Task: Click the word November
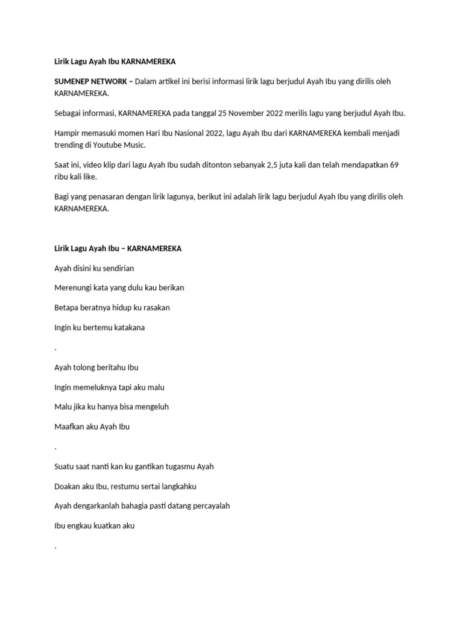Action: coord(251,113)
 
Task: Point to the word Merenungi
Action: coord(74,288)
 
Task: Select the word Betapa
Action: coord(66,308)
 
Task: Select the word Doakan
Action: coord(67,486)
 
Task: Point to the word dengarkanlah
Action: coord(102,506)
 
